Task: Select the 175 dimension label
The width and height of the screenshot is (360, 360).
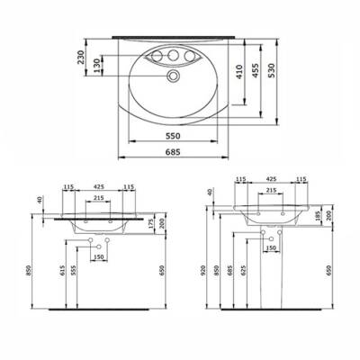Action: point(148,225)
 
